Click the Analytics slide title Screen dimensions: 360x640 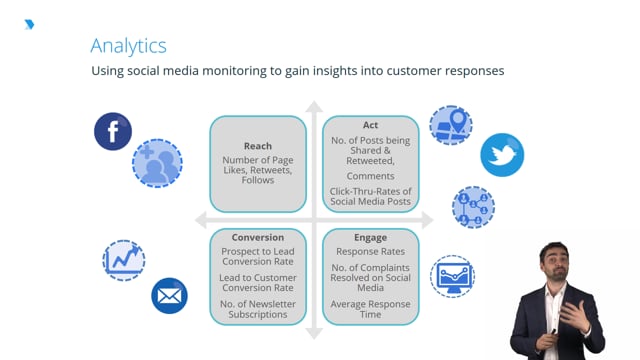coord(128,45)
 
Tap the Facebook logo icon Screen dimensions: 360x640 coord(113,131)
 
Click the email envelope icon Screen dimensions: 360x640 coord(169,295)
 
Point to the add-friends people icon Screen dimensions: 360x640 coord(157,164)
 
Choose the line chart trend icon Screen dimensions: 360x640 coord(125,260)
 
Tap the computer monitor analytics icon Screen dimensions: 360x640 coord(453,274)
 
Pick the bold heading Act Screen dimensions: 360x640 coord(370,126)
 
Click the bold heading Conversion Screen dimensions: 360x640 coord(257,238)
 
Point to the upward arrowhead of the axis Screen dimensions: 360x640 coord(314,106)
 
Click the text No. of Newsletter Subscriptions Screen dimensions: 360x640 coord(257,308)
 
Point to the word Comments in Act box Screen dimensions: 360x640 coord(370,176)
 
